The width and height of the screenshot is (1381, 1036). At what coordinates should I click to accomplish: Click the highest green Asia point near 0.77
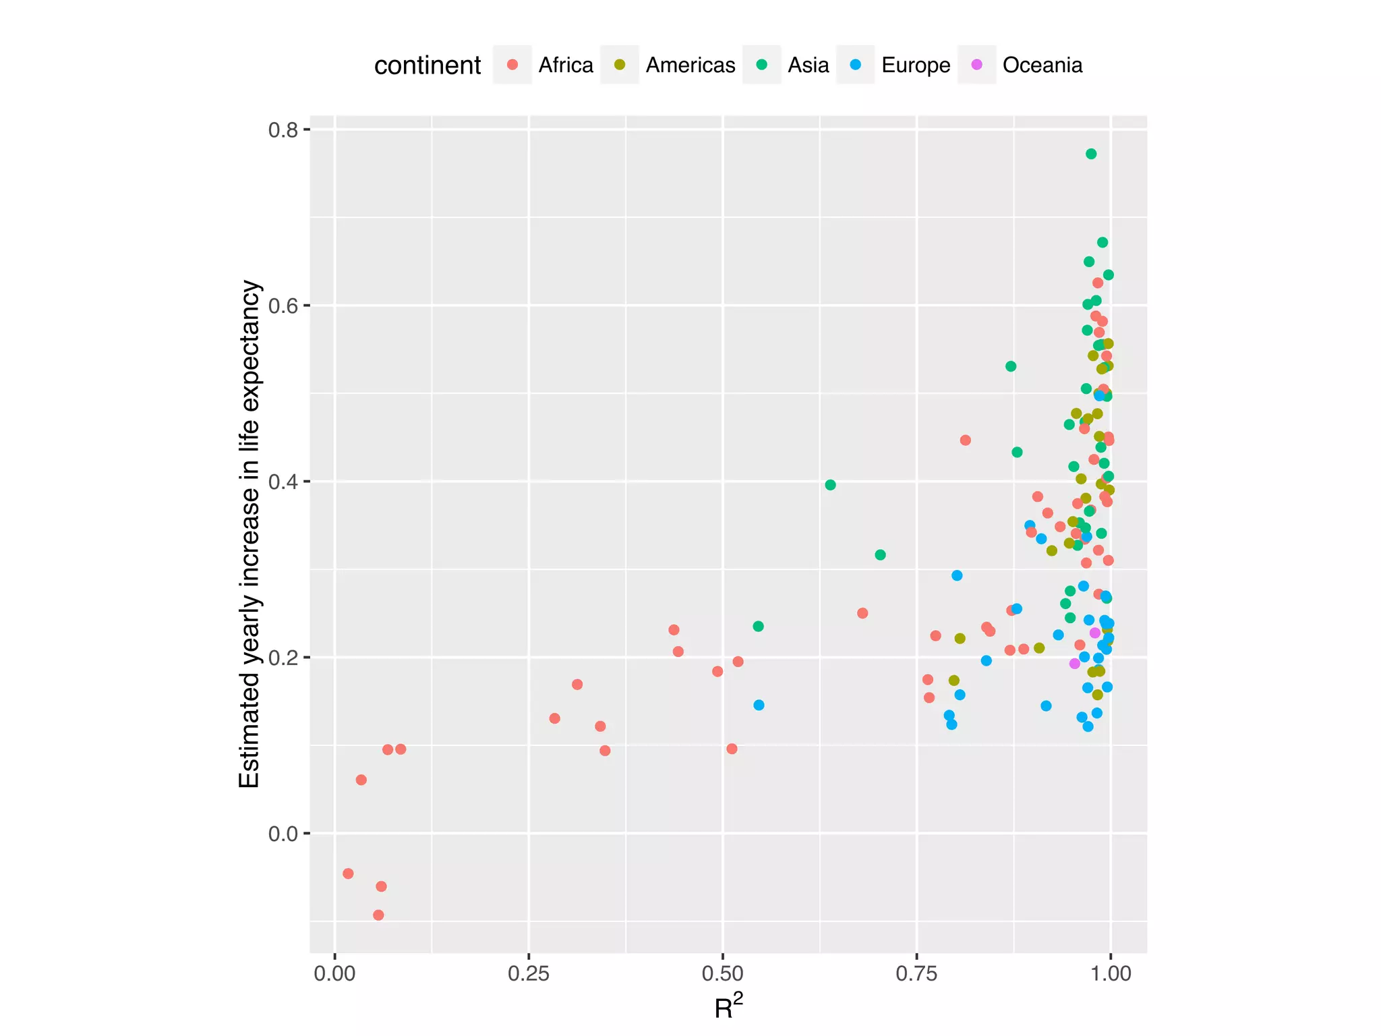tap(1091, 154)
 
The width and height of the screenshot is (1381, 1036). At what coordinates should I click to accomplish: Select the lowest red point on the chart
tap(378, 915)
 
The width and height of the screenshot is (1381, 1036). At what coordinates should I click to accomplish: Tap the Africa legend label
tap(566, 65)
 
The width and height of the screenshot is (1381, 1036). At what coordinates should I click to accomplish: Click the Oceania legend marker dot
tap(976, 65)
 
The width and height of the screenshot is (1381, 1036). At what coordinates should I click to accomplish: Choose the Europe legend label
tap(916, 65)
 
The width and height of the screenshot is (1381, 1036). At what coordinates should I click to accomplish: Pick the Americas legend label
tap(690, 65)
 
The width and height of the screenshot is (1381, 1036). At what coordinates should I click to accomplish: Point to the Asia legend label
tap(809, 65)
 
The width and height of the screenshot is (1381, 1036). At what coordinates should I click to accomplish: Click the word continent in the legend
tap(428, 65)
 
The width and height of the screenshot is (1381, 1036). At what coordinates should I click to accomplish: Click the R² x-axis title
tap(728, 1007)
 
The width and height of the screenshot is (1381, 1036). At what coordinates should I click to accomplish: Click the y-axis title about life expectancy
tap(249, 534)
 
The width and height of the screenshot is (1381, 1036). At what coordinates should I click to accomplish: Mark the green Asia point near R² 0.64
tap(830, 485)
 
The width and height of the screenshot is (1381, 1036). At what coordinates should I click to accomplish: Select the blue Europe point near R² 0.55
tap(759, 705)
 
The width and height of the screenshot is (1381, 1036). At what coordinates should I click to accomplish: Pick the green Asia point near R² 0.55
tap(758, 626)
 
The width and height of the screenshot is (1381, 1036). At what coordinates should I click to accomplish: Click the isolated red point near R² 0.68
tap(862, 613)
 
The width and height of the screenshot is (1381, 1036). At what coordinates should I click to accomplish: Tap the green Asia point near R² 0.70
tap(880, 554)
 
